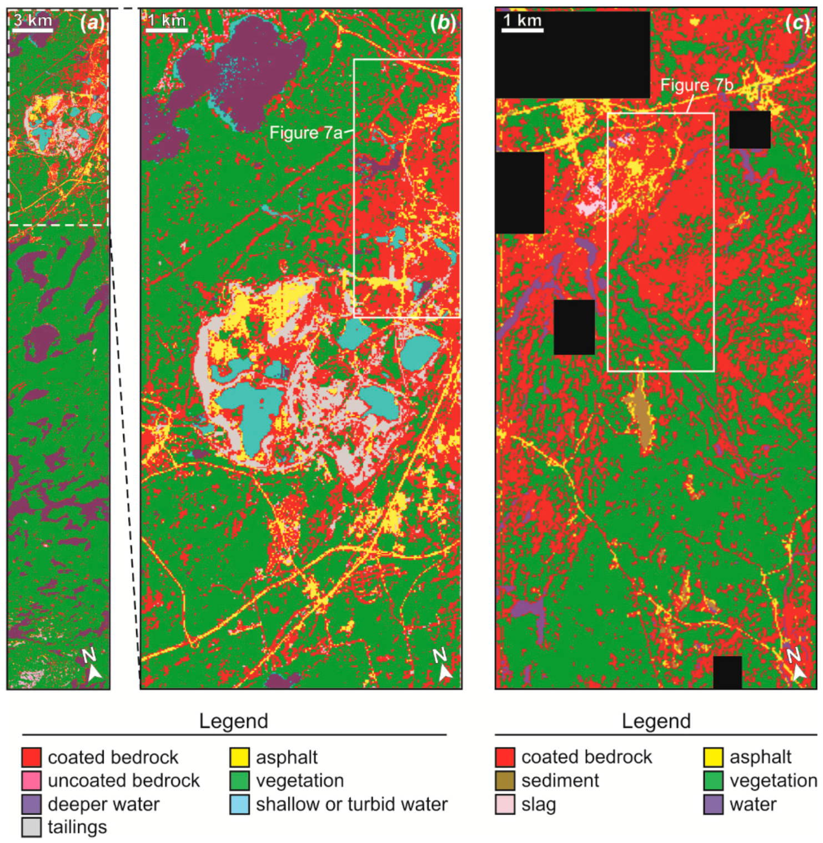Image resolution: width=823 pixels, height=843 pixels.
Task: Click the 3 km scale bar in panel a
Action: [x=32, y=29]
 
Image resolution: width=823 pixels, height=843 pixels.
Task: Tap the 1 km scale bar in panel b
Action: [x=167, y=29]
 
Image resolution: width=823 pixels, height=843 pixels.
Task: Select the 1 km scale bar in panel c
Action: [x=522, y=29]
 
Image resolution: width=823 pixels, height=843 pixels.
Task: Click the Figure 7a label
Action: [x=306, y=133]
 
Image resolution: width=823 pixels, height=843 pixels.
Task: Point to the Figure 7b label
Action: [x=696, y=85]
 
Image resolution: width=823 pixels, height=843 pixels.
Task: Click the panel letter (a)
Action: [x=92, y=23]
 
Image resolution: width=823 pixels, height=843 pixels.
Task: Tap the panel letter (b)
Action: [x=443, y=23]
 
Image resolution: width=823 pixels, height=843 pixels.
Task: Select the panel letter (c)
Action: [x=797, y=23]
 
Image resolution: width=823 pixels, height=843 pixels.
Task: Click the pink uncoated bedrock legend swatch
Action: [x=32, y=780]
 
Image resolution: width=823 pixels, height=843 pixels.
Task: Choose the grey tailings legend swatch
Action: [x=32, y=827]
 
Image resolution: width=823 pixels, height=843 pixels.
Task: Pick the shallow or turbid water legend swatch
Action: [x=239, y=804]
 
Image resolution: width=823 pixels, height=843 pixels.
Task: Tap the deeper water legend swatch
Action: [x=32, y=804]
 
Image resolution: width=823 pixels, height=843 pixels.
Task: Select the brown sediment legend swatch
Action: [x=505, y=780]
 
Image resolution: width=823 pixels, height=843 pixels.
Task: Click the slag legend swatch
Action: [x=505, y=804]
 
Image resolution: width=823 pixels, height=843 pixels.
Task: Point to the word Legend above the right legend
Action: [x=656, y=721]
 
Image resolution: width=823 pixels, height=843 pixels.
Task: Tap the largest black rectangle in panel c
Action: [x=572, y=54]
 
